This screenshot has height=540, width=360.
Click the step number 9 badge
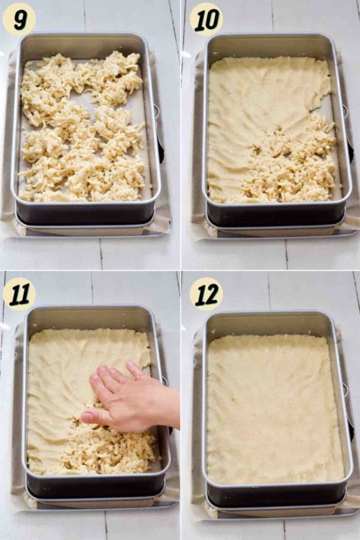19,19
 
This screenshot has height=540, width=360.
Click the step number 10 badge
206,19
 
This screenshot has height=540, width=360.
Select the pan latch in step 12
346,390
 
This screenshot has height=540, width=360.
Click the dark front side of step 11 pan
95,488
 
